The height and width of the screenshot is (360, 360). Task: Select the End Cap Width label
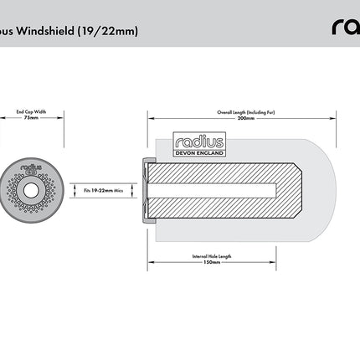[x=31, y=110]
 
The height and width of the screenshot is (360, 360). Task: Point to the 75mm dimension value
[x=31, y=118]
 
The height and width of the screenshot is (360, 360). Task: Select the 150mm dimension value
[x=212, y=263]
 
